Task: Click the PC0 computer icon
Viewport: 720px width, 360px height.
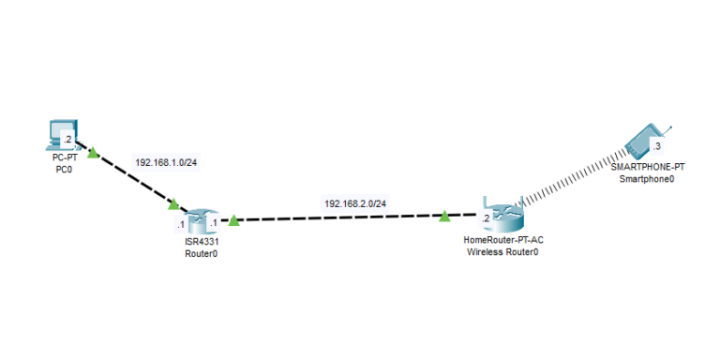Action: pyautogui.click(x=62, y=134)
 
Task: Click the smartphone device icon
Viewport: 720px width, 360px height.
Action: pyautogui.click(x=645, y=142)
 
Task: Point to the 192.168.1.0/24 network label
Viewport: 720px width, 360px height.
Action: pyautogui.click(x=166, y=162)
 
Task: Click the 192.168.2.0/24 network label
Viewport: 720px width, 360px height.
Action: pyautogui.click(x=355, y=203)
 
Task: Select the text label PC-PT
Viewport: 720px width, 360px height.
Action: pyautogui.click(x=65, y=158)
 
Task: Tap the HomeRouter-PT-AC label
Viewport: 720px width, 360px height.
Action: pyautogui.click(x=503, y=240)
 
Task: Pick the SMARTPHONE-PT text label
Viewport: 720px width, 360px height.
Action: pyautogui.click(x=647, y=166)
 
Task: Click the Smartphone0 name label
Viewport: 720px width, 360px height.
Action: pyautogui.click(x=647, y=177)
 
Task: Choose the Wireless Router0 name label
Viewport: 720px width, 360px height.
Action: pyautogui.click(x=502, y=252)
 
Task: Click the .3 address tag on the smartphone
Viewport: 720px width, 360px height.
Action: pyautogui.click(x=657, y=147)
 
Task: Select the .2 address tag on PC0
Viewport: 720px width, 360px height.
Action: pyautogui.click(x=67, y=140)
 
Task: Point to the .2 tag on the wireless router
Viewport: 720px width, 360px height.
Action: pyautogui.click(x=485, y=218)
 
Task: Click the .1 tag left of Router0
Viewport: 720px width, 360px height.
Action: pyautogui.click(x=179, y=224)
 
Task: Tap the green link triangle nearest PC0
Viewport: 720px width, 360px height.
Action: pyautogui.click(x=92, y=150)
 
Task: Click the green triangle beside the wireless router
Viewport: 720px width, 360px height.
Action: pyautogui.click(x=443, y=217)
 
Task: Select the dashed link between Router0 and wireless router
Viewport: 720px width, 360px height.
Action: pyautogui.click(x=337, y=219)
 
